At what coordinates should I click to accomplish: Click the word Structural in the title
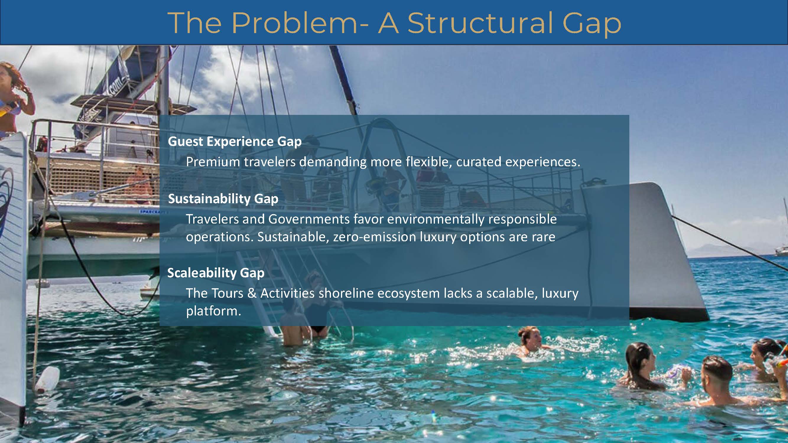(x=480, y=23)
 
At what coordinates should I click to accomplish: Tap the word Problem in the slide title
(x=294, y=23)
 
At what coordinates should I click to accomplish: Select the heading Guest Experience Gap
(x=235, y=141)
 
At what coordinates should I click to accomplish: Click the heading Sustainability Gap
(x=223, y=199)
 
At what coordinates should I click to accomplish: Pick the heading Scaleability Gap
(x=216, y=273)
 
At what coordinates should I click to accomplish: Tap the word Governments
(x=309, y=219)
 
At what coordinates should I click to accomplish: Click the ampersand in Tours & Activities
(x=252, y=293)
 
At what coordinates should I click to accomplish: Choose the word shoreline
(x=346, y=293)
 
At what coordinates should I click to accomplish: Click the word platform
(x=214, y=311)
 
